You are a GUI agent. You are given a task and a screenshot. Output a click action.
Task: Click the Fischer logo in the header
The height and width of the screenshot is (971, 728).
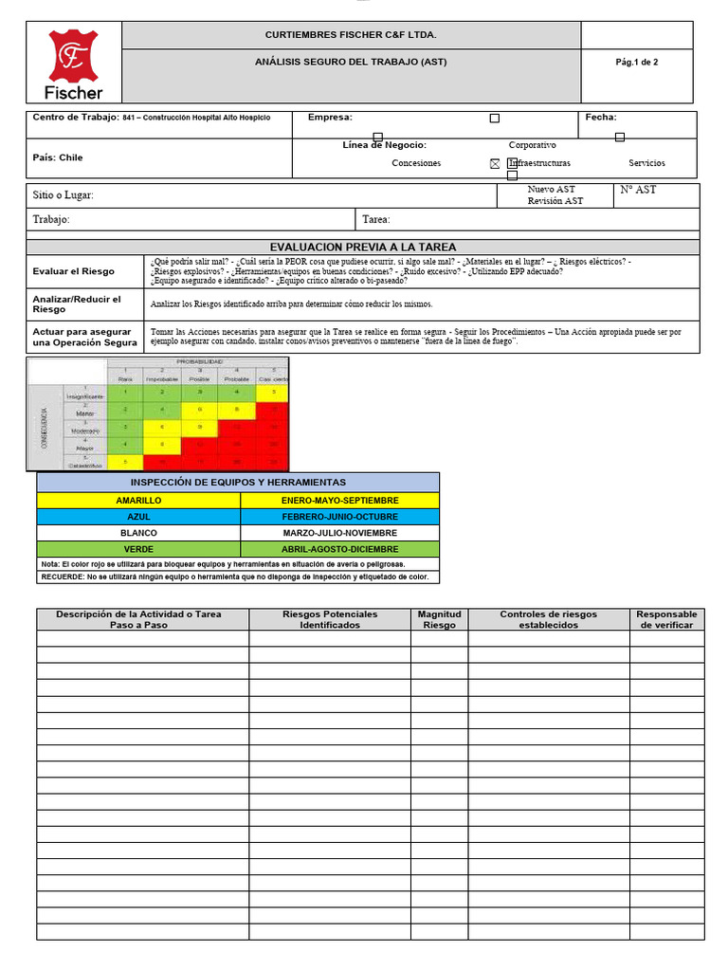click(x=75, y=64)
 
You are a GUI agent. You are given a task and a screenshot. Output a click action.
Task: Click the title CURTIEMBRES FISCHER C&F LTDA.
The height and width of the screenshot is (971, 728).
click(x=351, y=35)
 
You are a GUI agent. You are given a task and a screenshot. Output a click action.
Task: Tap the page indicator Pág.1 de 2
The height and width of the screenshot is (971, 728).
click(x=636, y=63)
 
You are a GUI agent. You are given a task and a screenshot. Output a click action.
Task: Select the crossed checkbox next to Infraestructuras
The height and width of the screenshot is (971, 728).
click(x=495, y=163)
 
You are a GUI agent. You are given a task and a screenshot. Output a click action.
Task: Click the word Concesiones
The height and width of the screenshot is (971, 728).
click(x=416, y=163)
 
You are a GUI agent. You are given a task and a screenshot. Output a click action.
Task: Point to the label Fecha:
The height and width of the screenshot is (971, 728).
click(x=601, y=118)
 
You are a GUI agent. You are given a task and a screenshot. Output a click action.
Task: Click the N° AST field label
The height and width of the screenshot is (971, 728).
click(x=638, y=190)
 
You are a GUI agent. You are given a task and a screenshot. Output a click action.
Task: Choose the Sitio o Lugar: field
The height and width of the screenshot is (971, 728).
click(x=64, y=195)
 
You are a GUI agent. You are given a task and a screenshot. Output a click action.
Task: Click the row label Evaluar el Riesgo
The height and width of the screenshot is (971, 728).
click(x=73, y=271)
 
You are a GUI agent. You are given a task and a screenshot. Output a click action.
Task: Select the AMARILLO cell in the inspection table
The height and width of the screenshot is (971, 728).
click(x=138, y=500)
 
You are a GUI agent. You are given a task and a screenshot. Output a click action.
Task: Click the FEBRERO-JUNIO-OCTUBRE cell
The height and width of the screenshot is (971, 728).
click(x=339, y=517)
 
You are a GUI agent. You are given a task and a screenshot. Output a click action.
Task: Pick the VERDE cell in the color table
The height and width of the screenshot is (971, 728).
click(x=138, y=549)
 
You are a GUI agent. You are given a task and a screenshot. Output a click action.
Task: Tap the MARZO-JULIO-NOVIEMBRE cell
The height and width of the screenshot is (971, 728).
click(x=339, y=533)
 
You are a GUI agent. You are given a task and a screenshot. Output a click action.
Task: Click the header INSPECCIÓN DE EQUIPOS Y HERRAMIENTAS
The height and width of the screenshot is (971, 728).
click(x=238, y=483)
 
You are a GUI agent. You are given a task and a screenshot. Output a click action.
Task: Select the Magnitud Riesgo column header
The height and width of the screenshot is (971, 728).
click(x=439, y=619)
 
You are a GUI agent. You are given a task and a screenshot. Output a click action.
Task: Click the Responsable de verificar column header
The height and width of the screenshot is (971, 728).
click(x=666, y=619)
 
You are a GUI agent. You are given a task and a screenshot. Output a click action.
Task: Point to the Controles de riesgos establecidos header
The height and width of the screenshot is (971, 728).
click(x=548, y=619)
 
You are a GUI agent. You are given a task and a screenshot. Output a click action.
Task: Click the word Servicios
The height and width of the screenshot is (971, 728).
click(x=646, y=163)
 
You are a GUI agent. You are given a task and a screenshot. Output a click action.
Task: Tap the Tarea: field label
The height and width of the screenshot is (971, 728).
click(x=376, y=219)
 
